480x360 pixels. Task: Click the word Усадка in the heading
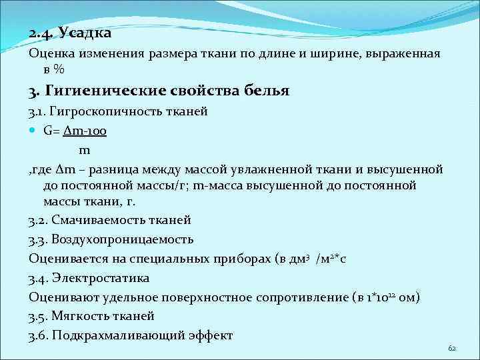(x=85, y=33)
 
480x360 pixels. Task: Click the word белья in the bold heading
(x=264, y=91)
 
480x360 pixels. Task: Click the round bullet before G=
(x=33, y=131)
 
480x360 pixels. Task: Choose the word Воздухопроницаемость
(x=121, y=239)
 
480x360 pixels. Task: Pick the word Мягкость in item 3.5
(x=81, y=316)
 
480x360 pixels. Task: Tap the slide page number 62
(x=452, y=349)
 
